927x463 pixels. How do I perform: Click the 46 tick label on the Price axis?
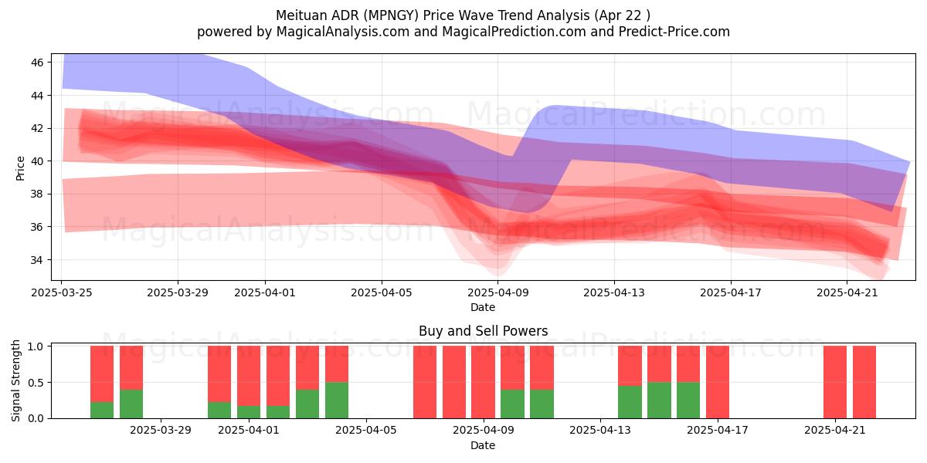click(x=37, y=63)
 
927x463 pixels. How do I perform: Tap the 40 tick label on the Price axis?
click(x=37, y=161)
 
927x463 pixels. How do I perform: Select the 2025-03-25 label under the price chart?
click(x=62, y=292)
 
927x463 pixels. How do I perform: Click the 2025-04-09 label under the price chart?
click(x=497, y=292)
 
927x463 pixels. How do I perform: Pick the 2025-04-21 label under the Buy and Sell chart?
click(x=835, y=430)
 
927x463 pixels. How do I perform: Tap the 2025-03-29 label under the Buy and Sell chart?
click(x=161, y=430)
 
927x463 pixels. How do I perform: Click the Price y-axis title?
click(x=20, y=168)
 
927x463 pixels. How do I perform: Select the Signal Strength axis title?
click(x=15, y=380)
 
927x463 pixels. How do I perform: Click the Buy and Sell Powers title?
click(x=483, y=331)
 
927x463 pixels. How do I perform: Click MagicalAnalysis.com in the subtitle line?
click(x=343, y=32)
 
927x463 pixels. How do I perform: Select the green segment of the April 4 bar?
click(x=337, y=400)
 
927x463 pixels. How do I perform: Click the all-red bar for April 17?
click(x=718, y=383)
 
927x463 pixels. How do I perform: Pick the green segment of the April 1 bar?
click(x=249, y=412)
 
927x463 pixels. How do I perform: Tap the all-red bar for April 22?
click(x=864, y=383)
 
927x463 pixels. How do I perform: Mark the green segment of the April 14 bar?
click(x=630, y=402)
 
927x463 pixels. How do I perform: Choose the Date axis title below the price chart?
click(x=483, y=307)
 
